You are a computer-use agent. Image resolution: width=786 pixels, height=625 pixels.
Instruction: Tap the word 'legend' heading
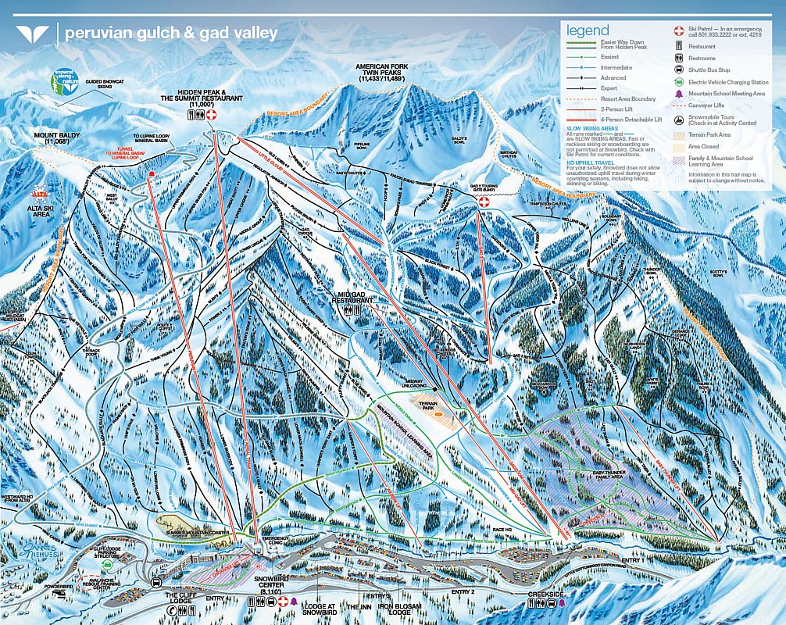click(x=588, y=30)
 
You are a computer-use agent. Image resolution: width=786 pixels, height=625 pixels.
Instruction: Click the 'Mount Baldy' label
click(x=56, y=138)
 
